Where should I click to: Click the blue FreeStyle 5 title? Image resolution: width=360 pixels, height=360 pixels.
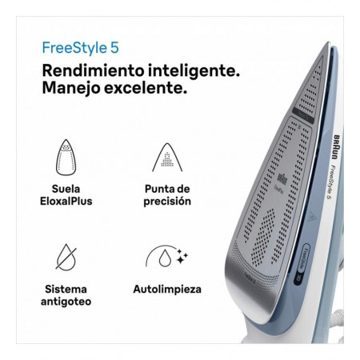(x=80, y=48)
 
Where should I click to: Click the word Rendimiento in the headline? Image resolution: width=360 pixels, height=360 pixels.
(x=94, y=71)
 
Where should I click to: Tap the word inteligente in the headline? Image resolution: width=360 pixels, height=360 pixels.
(x=194, y=71)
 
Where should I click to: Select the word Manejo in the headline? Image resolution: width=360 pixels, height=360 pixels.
(x=71, y=88)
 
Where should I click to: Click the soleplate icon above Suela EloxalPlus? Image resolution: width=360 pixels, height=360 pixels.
(x=66, y=158)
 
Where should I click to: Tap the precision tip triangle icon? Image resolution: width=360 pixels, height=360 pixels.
(x=167, y=158)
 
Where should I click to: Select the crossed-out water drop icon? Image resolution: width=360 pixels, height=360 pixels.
(x=66, y=257)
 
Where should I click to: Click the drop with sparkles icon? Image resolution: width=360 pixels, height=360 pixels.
(x=166, y=256)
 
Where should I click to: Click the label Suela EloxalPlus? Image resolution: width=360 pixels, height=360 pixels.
(x=66, y=195)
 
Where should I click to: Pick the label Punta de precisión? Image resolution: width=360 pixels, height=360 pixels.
(x=167, y=195)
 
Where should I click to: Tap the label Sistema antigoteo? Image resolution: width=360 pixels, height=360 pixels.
(x=66, y=295)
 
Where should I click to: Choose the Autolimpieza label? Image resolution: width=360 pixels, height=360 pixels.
(x=167, y=290)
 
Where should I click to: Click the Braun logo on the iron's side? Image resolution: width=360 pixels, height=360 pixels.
(x=337, y=147)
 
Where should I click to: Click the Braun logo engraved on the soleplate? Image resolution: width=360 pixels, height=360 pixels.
(x=282, y=179)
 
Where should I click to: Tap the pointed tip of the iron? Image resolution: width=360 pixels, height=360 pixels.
(x=329, y=42)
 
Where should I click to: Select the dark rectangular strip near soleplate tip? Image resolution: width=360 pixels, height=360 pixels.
(x=303, y=115)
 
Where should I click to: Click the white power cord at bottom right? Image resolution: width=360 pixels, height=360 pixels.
(x=337, y=318)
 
